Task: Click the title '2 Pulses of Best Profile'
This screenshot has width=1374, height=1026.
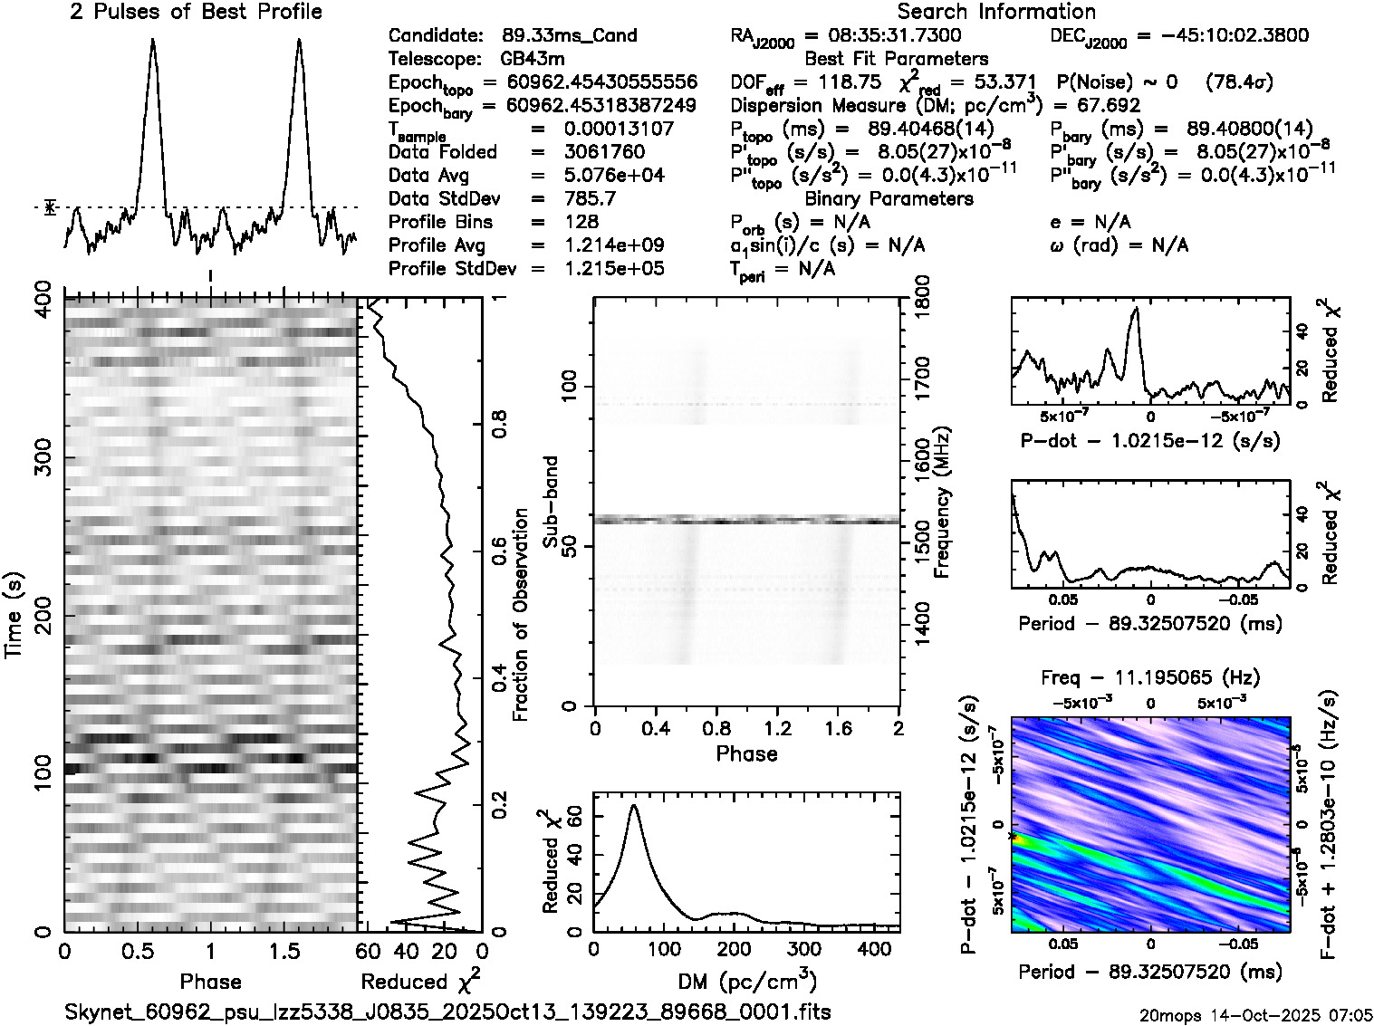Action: tap(196, 12)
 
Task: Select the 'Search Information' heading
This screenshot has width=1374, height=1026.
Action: tap(996, 12)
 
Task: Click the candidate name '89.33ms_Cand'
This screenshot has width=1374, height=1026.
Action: tap(569, 36)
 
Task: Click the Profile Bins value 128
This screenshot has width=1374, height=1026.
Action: tap(581, 222)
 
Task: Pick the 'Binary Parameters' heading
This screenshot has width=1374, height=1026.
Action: tap(889, 198)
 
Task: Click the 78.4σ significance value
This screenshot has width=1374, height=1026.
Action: tap(1241, 82)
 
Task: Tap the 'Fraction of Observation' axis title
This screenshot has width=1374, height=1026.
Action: tap(520, 615)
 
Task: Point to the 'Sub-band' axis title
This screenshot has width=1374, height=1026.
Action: tap(553, 502)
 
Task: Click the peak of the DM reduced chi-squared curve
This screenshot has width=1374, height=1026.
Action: tap(633, 805)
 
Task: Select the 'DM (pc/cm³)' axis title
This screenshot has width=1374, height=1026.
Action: tap(746, 981)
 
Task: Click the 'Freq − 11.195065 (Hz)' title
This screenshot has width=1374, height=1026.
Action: tap(1150, 677)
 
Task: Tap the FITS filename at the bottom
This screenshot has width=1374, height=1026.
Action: tap(447, 1012)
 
